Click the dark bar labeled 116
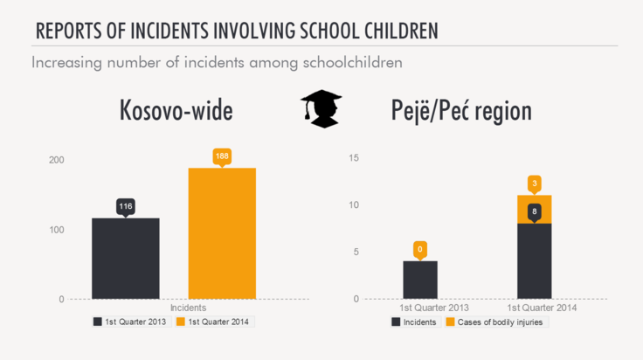click(126, 259)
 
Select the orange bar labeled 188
click(222, 233)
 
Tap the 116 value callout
click(126, 206)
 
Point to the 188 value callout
click(222, 156)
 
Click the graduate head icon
click(320, 108)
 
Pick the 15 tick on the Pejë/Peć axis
click(354, 158)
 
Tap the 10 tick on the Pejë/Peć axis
click(354, 205)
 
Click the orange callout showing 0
click(420, 249)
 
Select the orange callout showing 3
click(534, 183)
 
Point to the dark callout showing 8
click(534, 211)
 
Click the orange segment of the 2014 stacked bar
click(534, 210)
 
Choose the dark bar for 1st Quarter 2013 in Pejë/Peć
click(420, 280)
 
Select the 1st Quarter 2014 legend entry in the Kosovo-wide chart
click(214, 322)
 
